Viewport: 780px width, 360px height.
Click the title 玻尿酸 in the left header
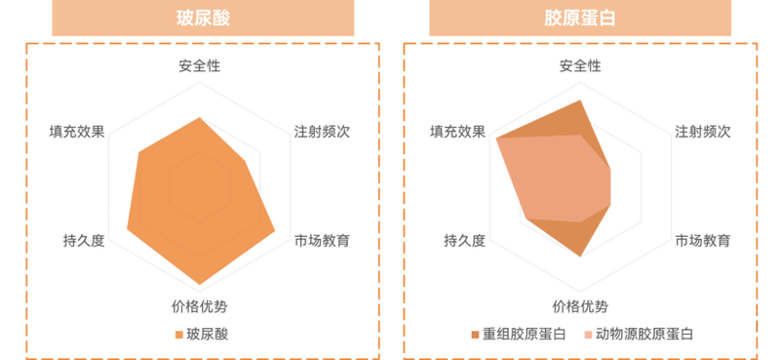pos(204,18)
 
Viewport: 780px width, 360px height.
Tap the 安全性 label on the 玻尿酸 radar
pos(199,66)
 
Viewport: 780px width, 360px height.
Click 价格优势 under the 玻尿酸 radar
pos(199,305)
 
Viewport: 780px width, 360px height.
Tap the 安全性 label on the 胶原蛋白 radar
pos(580,66)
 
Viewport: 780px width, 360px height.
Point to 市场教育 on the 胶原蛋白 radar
pos(703,240)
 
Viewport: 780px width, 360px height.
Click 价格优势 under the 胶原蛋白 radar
pos(580,305)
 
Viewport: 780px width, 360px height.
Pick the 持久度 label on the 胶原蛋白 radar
pos(463,240)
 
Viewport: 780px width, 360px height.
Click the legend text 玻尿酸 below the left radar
pos(207,335)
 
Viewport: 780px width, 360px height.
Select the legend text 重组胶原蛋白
pos(524,335)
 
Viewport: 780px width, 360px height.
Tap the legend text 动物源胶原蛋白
pos(644,335)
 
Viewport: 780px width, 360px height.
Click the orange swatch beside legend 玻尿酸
pos(179,335)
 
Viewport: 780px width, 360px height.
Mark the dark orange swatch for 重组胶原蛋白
pos(475,335)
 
